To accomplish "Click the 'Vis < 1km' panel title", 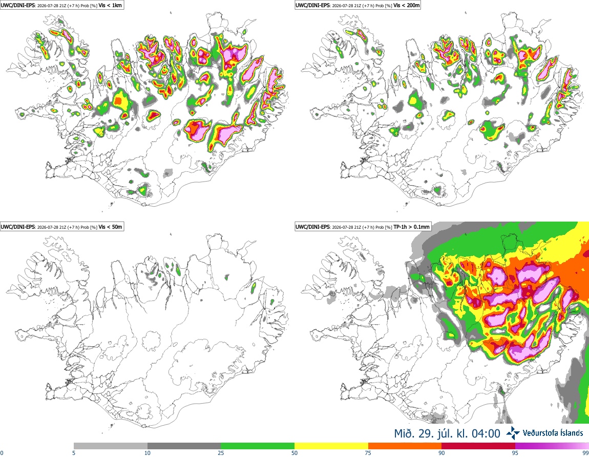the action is tap(110, 5).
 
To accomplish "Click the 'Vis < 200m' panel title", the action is tap(407, 5).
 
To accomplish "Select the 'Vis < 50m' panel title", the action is tap(110, 227).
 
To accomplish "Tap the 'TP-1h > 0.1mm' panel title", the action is tap(411, 227).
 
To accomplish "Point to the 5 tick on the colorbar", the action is tap(74, 453).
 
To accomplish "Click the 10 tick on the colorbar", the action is tap(148, 453).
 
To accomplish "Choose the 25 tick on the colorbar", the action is tap(221, 453).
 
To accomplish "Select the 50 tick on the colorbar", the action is tap(294, 453).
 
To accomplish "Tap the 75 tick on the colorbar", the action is tap(368, 453).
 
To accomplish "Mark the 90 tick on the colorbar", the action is tap(441, 453).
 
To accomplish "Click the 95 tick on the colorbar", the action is tap(515, 453).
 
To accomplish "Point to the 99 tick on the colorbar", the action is tap(586, 453).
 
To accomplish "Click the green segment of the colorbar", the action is tap(258, 446).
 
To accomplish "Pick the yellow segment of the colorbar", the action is tap(331, 446).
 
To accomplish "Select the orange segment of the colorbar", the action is tap(405, 446).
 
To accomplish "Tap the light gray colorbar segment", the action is tap(111, 446).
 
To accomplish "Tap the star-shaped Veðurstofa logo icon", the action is tap(513, 433).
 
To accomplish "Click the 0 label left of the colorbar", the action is tap(2, 453).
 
